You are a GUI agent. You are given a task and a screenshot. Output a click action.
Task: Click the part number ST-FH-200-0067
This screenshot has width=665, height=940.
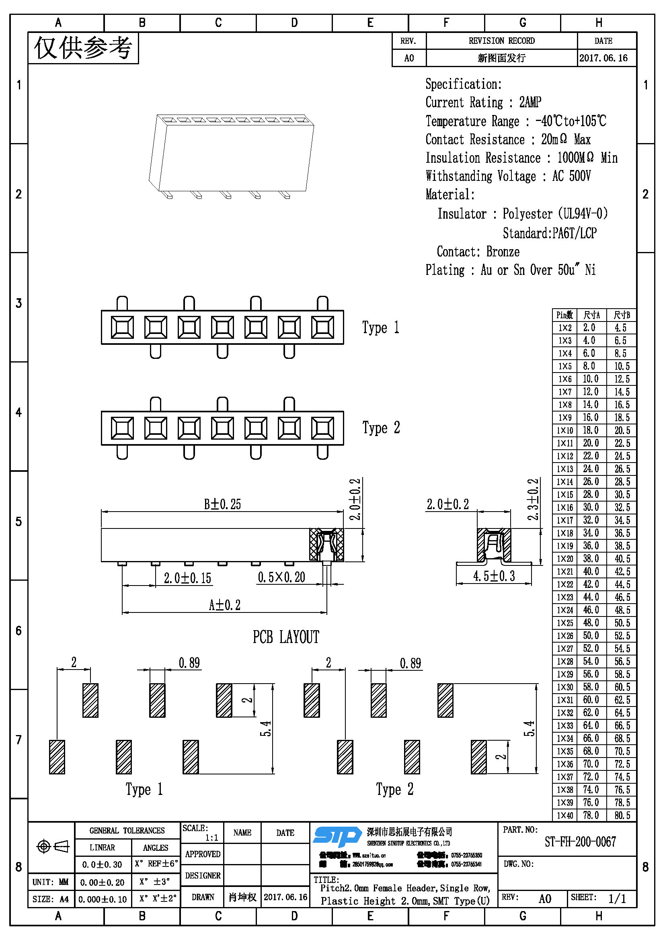point(580,842)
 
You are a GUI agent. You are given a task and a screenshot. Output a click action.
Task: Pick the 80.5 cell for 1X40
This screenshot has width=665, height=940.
point(622,815)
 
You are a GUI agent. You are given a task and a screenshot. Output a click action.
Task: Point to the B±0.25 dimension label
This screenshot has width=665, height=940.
point(222,504)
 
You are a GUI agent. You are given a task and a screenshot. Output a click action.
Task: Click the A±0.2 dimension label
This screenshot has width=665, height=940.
point(224,605)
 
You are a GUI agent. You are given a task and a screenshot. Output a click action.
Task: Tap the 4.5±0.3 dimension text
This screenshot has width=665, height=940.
point(494,576)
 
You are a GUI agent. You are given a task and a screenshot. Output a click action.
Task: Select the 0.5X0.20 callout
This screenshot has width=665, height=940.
point(281,577)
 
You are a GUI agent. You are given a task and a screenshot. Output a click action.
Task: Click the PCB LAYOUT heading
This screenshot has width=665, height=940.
point(286,637)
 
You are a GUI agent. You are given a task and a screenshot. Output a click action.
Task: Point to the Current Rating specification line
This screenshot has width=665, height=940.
point(483,102)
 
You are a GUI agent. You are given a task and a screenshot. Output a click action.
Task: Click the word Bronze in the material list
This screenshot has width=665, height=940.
point(503,252)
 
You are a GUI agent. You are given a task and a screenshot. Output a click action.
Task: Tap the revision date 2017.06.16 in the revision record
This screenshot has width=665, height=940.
point(603,58)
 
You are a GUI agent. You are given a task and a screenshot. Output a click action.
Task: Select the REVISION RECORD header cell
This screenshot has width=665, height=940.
point(501,41)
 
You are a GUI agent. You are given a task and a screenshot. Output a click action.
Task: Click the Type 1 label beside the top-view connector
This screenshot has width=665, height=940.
point(380,328)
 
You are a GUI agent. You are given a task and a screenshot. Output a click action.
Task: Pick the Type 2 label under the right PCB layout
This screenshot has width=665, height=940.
point(394,789)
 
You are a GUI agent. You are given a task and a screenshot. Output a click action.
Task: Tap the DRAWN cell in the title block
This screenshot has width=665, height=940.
point(203,897)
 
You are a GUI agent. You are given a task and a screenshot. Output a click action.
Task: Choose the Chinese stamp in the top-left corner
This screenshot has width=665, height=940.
point(83,48)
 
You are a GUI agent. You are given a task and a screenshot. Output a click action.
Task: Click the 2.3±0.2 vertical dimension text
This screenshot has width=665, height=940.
point(533,499)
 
